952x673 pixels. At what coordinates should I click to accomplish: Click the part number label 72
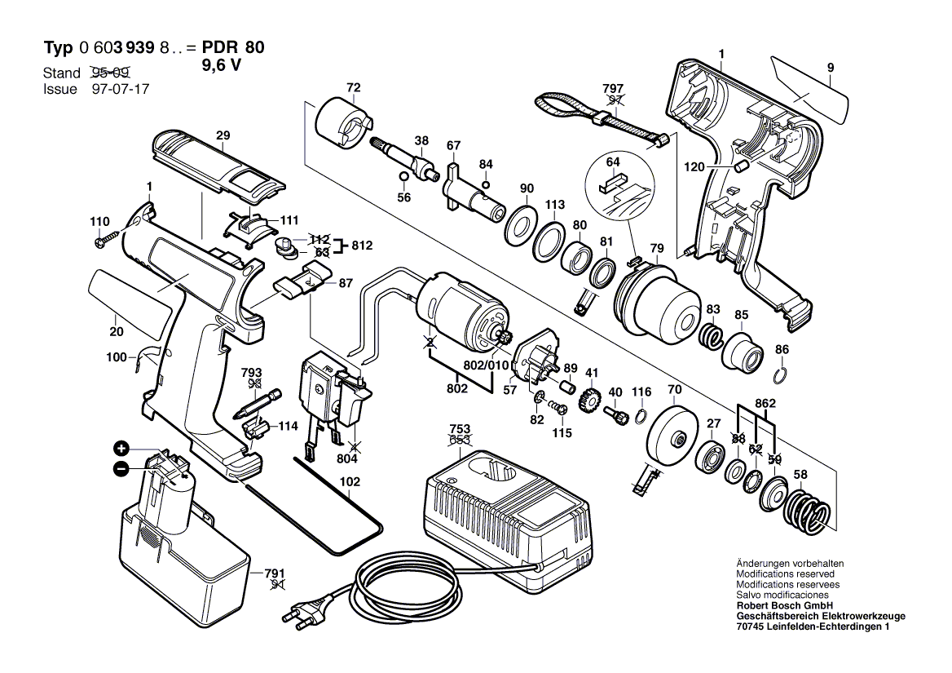(352, 88)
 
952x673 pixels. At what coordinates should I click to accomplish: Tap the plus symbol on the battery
(121, 449)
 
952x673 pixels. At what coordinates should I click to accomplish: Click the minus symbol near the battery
(121, 469)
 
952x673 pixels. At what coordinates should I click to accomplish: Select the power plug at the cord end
(296, 613)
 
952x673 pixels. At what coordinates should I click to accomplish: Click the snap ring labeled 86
(781, 374)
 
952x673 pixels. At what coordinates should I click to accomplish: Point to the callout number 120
(694, 166)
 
